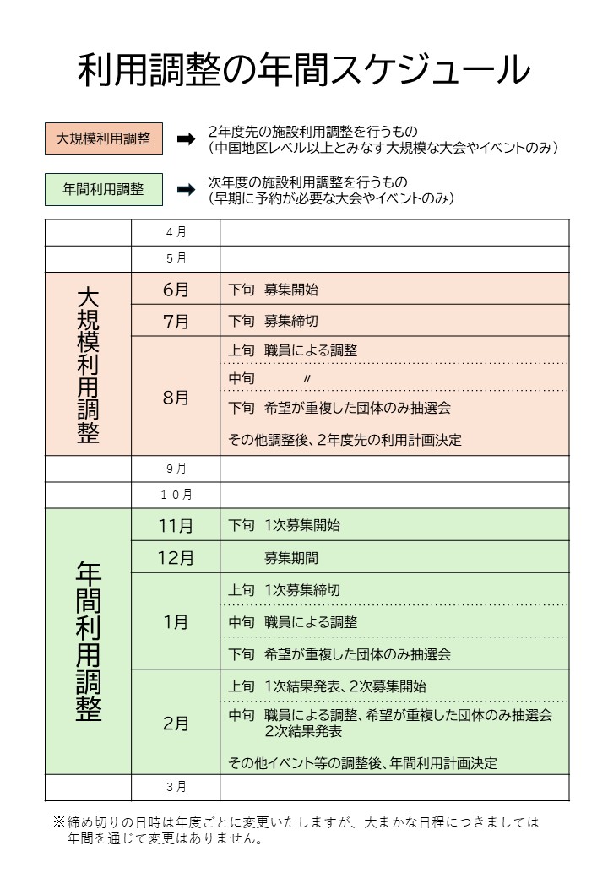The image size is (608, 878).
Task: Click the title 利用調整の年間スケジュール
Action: click(304, 71)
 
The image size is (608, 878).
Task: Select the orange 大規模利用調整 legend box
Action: click(103, 139)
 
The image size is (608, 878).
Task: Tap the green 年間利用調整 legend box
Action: click(103, 190)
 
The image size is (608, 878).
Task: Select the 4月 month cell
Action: click(176, 232)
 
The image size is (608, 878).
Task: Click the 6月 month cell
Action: click(176, 290)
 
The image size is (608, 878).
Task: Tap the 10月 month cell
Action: click(176, 494)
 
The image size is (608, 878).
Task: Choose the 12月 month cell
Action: click(176, 558)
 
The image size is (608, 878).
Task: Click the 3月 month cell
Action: click(176, 787)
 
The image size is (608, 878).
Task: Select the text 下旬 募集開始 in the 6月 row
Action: click(274, 290)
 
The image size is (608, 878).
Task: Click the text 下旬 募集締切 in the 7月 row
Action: click(274, 322)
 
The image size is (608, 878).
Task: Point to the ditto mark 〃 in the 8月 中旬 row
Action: click(307, 379)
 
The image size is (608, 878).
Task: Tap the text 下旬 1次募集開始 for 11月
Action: click(285, 525)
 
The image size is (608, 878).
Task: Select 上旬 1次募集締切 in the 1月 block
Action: click(285, 590)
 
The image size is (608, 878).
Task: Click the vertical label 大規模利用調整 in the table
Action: click(88, 364)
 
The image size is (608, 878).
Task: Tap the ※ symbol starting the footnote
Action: click(59, 821)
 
